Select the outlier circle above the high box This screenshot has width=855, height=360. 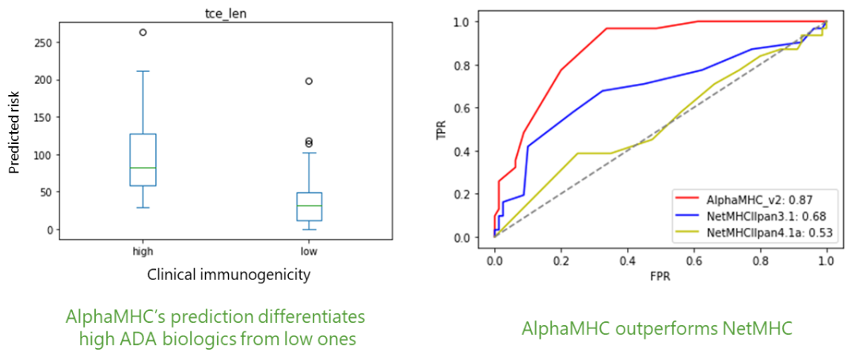click(x=142, y=32)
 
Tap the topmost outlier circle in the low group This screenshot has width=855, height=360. click(x=309, y=81)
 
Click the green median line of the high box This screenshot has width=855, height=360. click(x=142, y=168)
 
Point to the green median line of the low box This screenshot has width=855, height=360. click(x=309, y=206)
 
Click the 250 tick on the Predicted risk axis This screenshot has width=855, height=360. click(x=42, y=43)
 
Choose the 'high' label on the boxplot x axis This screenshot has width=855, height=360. click(x=142, y=251)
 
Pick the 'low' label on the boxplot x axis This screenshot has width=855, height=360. click(x=309, y=251)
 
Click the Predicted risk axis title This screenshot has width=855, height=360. click(x=13, y=131)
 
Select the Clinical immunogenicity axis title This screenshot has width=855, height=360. click(x=229, y=275)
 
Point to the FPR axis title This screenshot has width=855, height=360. click(x=660, y=278)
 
